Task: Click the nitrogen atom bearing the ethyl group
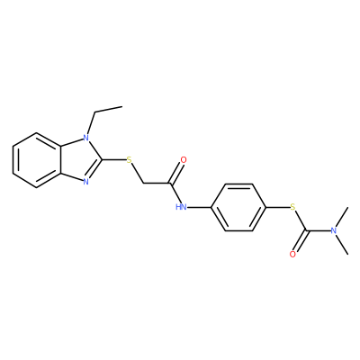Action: [x=86, y=138]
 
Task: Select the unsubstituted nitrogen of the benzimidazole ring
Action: [x=86, y=182]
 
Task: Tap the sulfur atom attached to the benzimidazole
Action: [x=130, y=159]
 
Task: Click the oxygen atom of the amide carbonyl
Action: [x=184, y=159]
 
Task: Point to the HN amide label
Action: [x=181, y=207]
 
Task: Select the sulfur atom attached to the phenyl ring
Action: [x=292, y=207]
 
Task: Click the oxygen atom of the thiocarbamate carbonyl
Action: [x=292, y=255]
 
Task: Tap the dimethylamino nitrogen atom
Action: [x=333, y=230]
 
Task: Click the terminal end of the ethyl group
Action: [x=122, y=106]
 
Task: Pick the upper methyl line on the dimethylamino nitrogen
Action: [x=341, y=217]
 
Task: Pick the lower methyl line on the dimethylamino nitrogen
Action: [x=342, y=245]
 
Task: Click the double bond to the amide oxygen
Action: [x=176, y=173]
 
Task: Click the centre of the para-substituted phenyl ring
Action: [x=238, y=207]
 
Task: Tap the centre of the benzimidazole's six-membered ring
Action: [x=37, y=160]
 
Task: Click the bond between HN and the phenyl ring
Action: [x=200, y=207]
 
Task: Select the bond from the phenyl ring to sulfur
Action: [x=277, y=207]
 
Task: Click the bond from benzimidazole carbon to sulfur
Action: [x=114, y=160]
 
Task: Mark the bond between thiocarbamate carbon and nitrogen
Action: [x=318, y=230]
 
